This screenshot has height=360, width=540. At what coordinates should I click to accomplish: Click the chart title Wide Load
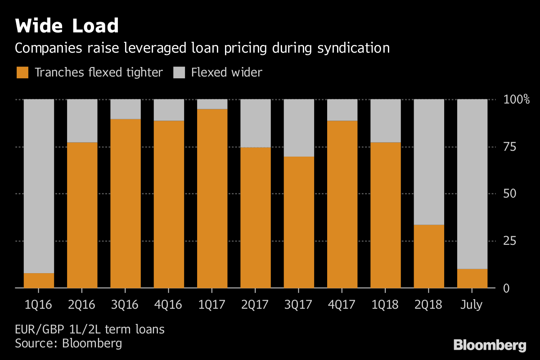pyautogui.click(x=67, y=26)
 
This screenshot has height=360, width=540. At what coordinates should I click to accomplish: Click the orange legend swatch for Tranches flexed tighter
pyautogui.click(x=22, y=72)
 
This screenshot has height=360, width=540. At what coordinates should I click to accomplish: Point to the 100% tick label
pyautogui.click(x=517, y=99)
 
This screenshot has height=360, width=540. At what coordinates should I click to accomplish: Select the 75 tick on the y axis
pyautogui.click(x=509, y=147)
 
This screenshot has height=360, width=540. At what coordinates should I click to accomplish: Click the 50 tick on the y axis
pyautogui.click(x=509, y=194)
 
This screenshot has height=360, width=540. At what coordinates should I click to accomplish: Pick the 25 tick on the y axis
pyautogui.click(x=509, y=241)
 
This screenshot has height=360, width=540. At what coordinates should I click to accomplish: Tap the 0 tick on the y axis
pyautogui.click(x=506, y=288)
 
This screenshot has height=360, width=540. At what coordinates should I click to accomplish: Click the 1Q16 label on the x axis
pyautogui.click(x=39, y=305)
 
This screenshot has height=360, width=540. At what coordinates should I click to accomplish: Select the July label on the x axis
pyautogui.click(x=472, y=305)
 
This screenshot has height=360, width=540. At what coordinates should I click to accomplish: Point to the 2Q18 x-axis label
pyautogui.click(x=429, y=305)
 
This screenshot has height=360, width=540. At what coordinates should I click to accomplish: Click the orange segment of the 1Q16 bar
pyautogui.click(x=39, y=280)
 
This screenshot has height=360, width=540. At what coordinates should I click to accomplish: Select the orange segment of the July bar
pyautogui.click(x=472, y=278)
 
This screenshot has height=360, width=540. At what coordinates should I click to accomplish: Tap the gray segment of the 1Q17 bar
pyautogui.click(x=212, y=104)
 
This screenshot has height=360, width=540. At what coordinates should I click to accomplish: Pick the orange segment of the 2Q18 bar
pyautogui.click(x=429, y=256)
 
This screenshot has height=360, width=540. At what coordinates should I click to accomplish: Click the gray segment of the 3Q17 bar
pyautogui.click(x=299, y=128)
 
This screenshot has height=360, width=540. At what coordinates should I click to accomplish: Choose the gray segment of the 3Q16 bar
pyautogui.click(x=126, y=109)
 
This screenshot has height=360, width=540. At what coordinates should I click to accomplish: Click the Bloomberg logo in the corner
pyautogui.click(x=490, y=346)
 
